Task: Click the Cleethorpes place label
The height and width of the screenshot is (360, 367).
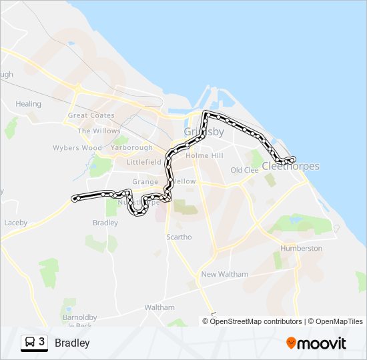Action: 291,166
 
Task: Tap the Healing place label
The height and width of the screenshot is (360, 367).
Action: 28,104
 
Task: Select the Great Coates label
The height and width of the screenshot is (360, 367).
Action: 91,115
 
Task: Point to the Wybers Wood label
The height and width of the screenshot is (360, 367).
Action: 77,148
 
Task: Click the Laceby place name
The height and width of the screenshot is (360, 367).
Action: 15,222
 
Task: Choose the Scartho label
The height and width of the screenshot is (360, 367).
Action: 179,237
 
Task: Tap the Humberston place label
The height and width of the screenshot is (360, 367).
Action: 302,248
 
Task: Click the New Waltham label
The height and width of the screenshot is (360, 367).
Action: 224,274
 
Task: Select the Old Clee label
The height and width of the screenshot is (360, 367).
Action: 244,170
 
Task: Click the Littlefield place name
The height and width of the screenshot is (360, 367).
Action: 144,162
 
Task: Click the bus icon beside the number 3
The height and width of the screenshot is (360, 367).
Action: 30,343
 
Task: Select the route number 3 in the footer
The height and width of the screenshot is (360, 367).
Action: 42,342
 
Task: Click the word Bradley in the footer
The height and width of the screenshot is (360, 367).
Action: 72,343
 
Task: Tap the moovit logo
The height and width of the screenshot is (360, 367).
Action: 316,343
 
